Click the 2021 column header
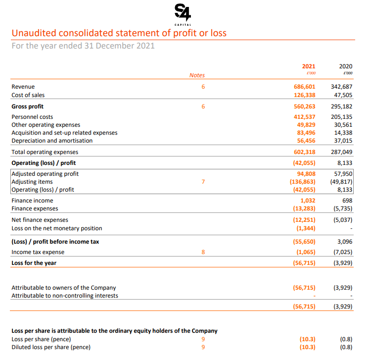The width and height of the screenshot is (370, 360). [x=308, y=66]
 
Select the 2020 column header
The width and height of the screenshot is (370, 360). [x=346, y=66]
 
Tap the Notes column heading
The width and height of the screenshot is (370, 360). [x=197, y=75]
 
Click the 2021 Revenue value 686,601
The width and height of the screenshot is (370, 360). [x=305, y=87]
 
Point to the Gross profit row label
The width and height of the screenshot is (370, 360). [x=28, y=106]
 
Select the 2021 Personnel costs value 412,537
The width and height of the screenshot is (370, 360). [x=305, y=117]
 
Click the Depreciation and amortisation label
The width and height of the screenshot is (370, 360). [x=52, y=141]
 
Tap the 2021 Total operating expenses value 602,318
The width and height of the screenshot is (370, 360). [x=305, y=152]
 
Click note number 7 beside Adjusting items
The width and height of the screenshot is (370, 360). [x=203, y=182]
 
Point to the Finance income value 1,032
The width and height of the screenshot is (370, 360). [x=308, y=200]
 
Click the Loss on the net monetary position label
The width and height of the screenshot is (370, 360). [x=57, y=228]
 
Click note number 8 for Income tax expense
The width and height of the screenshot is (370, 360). [x=203, y=252]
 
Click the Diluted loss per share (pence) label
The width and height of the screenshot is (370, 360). [x=51, y=347]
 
